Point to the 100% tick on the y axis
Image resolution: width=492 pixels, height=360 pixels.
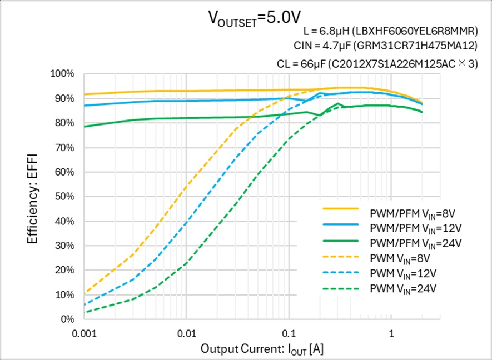(x=62, y=74)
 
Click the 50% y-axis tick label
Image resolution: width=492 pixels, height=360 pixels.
(x=64, y=197)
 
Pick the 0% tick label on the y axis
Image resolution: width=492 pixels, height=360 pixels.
(x=67, y=319)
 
